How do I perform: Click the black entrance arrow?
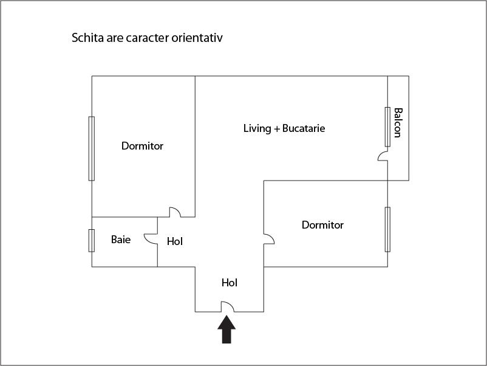click(x=226, y=330)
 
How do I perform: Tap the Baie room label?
click(x=121, y=240)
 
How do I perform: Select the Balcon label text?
click(x=398, y=123)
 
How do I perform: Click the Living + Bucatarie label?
click(x=284, y=128)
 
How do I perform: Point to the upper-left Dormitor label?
click(x=142, y=146)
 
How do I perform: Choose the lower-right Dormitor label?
click(x=322, y=225)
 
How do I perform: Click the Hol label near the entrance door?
click(x=230, y=283)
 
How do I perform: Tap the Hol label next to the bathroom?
click(x=175, y=241)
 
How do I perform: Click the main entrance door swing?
click(x=228, y=306)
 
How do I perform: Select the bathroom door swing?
click(x=151, y=239)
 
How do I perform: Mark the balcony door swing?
click(x=383, y=156)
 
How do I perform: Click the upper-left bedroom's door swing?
click(x=175, y=212)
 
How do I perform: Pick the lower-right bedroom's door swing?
click(x=269, y=239)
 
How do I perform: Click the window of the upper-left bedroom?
click(x=92, y=148)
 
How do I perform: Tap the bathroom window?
click(x=92, y=240)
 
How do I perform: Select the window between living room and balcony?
click(x=387, y=127)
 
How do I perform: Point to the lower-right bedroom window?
click(x=387, y=229)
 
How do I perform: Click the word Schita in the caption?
click(x=88, y=38)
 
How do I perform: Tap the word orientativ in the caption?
click(x=197, y=38)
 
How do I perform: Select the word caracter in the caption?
click(x=148, y=38)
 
